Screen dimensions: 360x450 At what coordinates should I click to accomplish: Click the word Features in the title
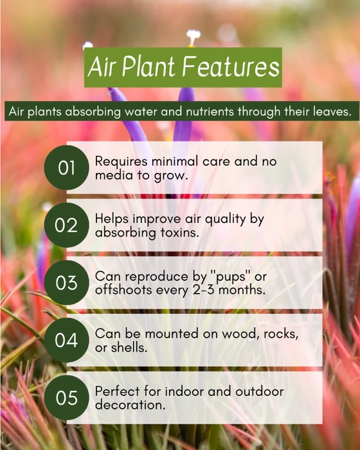pyautogui.click(x=231, y=67)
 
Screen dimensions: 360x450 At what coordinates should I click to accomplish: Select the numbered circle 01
pyautogui.click(x=67, y=168)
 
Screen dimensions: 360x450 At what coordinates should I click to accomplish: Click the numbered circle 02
pyautogui.click(x=67, y=225)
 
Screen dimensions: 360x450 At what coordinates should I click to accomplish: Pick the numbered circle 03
pyautogui.click(x=67, y=283)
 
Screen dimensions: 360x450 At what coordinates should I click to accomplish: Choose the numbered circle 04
pyautogui.click(x=67, y=340)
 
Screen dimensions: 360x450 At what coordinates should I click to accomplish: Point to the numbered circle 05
pyautogui.click(x=67, y=398)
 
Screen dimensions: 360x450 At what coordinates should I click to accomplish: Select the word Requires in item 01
pyautogui.click(x=121, y=161)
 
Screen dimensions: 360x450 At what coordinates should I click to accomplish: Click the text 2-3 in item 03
pyautogui.click(x=204, y=290)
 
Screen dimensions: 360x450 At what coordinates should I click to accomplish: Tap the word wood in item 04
pyautogui.click(x=239, y=334)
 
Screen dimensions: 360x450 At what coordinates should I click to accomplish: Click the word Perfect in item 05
pyautogui.click(x=118, y=391)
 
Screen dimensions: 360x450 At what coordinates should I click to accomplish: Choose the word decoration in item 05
pyautogui.click(x=130, y=405)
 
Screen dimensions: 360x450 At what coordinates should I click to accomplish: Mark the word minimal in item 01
pyautogui.click(x=175, y=161)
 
